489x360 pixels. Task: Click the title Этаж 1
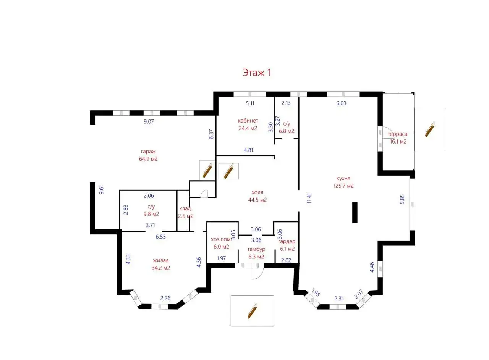257,73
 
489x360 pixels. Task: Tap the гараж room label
148,152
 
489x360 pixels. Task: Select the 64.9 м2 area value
148,159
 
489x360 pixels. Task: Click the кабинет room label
248,121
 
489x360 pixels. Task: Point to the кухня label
343,178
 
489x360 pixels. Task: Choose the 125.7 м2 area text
343,186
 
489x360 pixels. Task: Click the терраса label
397,134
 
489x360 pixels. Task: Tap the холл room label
257,192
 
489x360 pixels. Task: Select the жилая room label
161,260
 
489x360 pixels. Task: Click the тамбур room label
256,249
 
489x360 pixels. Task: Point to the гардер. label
287,242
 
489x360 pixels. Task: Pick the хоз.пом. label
221,239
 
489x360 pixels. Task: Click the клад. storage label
186,208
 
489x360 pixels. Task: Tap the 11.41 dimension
309,199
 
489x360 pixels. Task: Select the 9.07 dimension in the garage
149,121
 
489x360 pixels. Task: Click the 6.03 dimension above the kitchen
341,103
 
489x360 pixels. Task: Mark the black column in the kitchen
355,212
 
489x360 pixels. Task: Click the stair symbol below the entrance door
253,311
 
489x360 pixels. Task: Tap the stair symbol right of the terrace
430,129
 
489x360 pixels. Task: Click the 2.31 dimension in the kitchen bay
339,299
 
